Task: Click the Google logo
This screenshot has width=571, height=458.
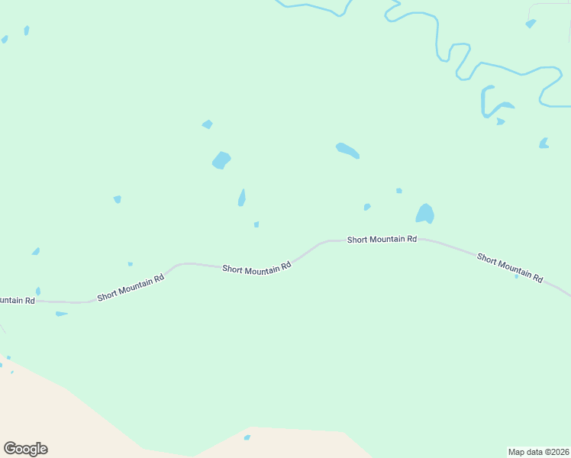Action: [x=25, y=449]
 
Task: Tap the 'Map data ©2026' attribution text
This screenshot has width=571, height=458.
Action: [x=538, y=451]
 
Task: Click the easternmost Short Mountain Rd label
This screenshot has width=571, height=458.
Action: [x=509, y=267]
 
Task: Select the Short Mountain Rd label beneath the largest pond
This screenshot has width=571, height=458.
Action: [x=382, y=239]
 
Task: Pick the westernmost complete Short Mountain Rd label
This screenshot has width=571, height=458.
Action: [x=131, y=289]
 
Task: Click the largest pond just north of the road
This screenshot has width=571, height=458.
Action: [x=425, y=214]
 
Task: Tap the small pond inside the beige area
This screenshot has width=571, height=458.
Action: [x=247, y=437]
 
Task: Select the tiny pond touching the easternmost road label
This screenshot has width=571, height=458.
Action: [x=516, y=276]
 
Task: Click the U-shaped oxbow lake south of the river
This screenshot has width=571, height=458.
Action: [x=486, y=102]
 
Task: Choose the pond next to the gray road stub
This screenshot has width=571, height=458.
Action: [x=531, y=24]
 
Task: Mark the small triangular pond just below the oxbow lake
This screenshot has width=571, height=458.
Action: [x=500, y=121]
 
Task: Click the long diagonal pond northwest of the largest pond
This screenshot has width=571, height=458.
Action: [x=347, y=150]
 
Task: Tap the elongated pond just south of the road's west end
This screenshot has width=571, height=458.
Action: [x=61, y=314]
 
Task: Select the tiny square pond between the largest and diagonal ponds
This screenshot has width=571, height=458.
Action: [x=398, y=191]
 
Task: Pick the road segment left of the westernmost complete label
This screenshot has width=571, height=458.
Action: [x=69, y=302]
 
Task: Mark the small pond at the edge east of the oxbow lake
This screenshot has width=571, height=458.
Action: [x=544, y=143]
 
